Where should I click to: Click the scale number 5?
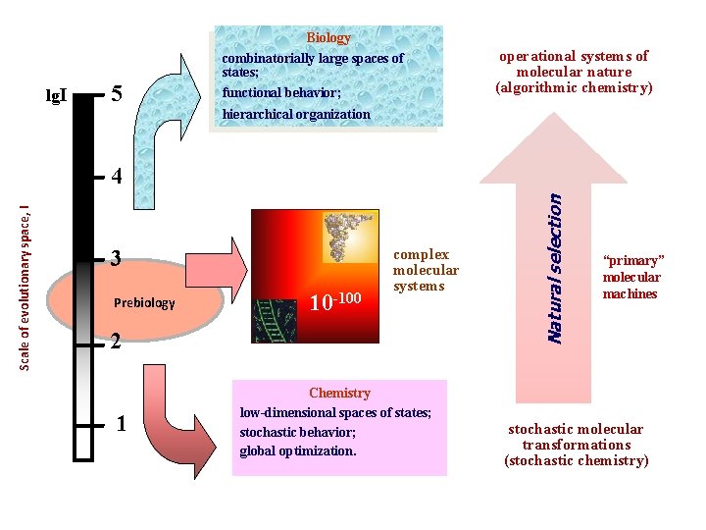pos(117,95)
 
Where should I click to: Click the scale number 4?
pos(117,178)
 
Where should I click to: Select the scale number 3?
pos(117,259)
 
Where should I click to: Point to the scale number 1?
pos(120,424)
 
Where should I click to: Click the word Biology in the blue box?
pos(328,38)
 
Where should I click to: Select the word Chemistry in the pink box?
pos(339,393)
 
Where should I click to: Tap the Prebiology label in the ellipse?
pos(144,302)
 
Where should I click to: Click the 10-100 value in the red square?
pos(334,298)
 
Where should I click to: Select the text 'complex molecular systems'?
pos(426,271)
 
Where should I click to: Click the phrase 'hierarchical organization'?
pos(296,114)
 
